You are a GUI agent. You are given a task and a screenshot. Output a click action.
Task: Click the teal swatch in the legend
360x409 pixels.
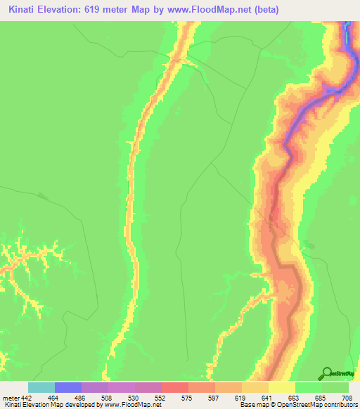pos(41,387)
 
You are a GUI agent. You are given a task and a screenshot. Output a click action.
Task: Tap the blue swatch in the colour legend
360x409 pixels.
pos(68,387)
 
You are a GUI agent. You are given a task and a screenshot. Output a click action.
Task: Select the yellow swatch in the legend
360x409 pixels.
pos(282,387)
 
